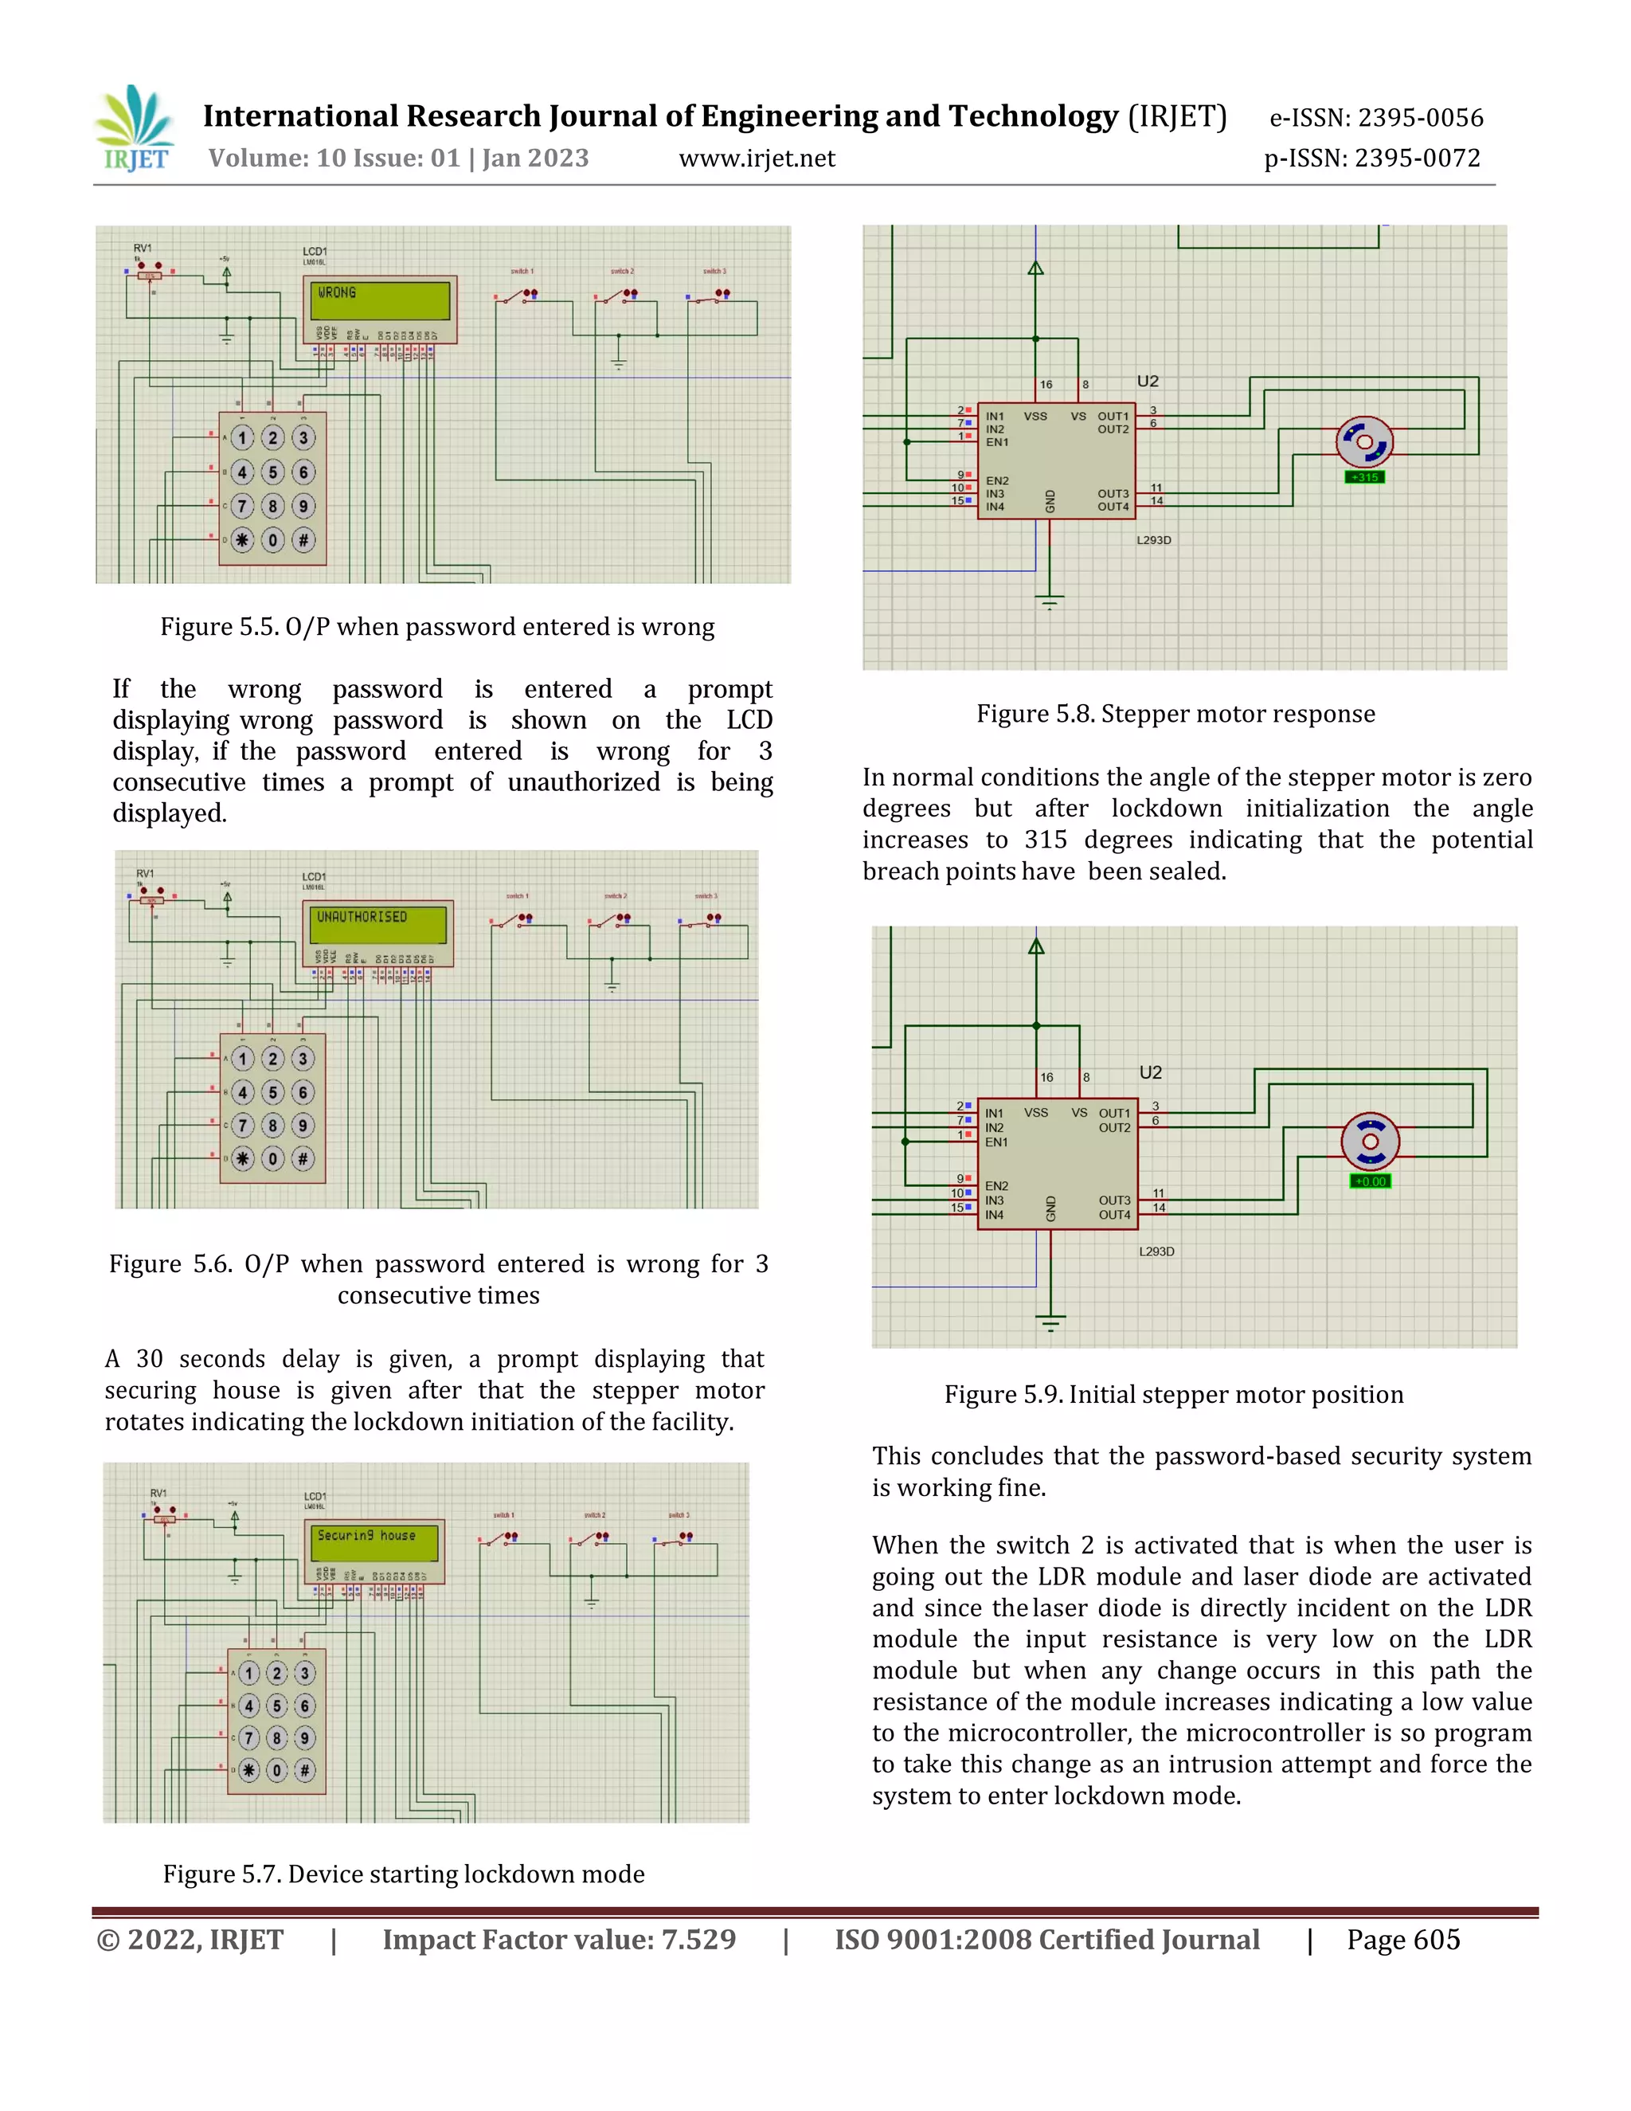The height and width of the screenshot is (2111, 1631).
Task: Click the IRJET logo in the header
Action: (x=135, y=130)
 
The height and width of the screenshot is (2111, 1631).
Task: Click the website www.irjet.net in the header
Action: (x=757, y=159)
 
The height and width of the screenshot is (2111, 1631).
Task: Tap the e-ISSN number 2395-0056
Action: (x=1419, y=118)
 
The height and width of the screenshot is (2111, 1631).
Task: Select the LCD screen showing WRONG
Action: (x=380, y=300)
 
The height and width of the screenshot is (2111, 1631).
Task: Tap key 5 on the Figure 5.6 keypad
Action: (x=272, y=1092)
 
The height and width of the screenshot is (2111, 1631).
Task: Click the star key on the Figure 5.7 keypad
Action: (x=249, y=1770)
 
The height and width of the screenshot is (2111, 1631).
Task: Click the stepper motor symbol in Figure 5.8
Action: (x=1363, y=442)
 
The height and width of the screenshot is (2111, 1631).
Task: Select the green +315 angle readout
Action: (x=1364, y=477)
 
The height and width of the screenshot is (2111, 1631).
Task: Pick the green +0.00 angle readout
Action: (x=1370, y=1181)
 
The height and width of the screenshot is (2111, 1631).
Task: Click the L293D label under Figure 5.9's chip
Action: (x=1156, y=1251)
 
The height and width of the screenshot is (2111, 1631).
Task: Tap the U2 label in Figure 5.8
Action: (x=1147, y=381)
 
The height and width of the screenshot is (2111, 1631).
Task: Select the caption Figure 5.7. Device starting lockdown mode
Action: (x=403, y=1874)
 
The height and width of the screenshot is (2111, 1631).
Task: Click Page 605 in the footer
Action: (x=1403, y=1940)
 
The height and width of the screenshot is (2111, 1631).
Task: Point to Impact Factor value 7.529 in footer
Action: (x=558, y=1940)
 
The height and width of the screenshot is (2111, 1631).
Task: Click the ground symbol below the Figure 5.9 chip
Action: (x=1050, y=1322)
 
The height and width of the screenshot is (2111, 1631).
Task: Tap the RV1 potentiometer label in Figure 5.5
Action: (x=142, y=249)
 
